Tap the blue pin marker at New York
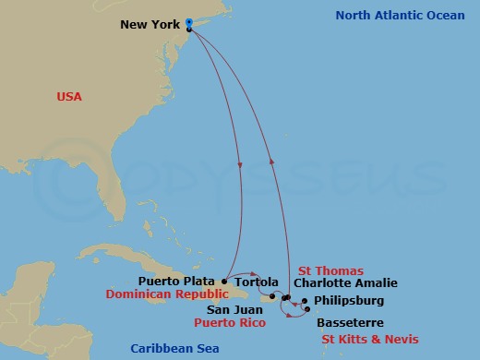pos(188,23)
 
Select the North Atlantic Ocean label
pos(399,16)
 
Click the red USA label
pos(69,96)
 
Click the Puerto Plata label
pos(178,281)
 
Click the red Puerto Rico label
pos(230,324)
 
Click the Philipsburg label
pos(349,301)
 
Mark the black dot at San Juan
pos(273,295)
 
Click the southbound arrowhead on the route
pos(239,166)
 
